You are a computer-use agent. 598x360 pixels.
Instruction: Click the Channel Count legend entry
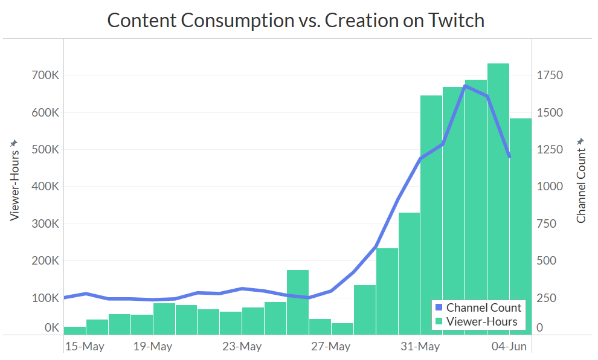[483, 307]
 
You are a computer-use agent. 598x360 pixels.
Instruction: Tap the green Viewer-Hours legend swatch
[439, 321]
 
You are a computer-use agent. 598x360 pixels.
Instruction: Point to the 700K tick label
[44, 76]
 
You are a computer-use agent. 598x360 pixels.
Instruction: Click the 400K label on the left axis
[44, 187]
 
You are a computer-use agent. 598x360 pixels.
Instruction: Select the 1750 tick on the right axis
[550, 76]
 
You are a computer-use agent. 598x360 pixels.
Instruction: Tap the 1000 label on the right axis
[550, 187]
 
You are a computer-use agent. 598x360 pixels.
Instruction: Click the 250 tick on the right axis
[547, 298]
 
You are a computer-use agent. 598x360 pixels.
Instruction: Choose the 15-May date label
[85, 347]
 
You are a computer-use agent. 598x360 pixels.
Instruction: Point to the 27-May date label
[331, 347]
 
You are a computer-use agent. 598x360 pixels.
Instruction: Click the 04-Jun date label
[509, 347]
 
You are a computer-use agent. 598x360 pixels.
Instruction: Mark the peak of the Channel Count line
[465, 86]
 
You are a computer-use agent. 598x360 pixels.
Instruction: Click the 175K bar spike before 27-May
[298, 302]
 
